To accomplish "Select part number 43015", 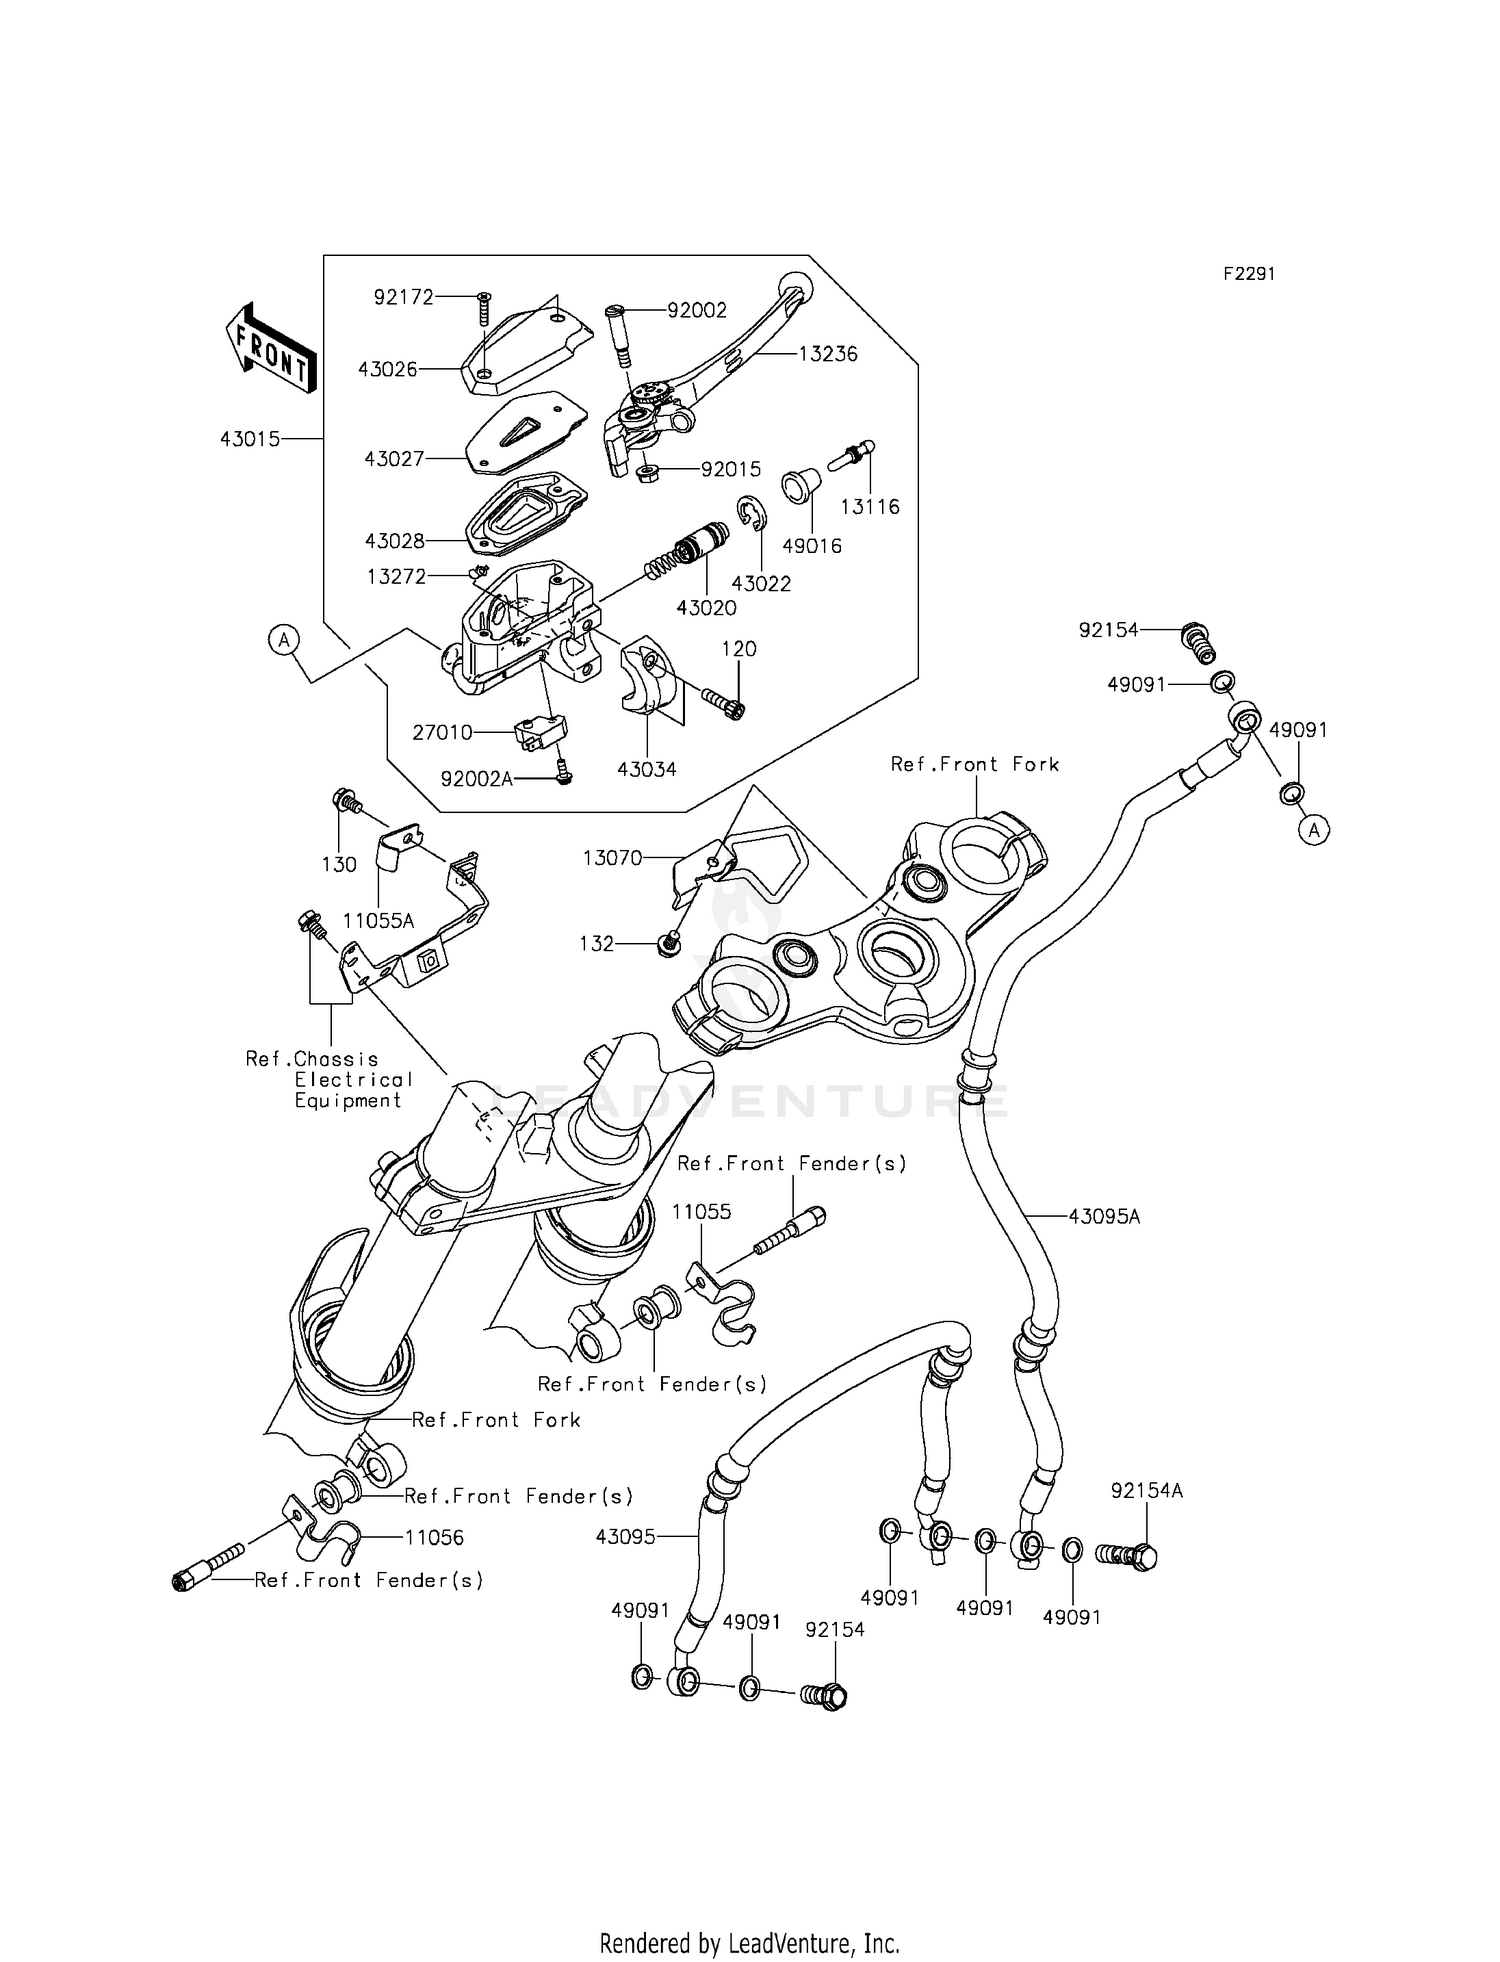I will pyautogui.click(x=249, y=439).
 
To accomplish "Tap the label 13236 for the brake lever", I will pyautogui.click(x=828, y=354).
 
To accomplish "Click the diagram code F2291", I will pyautogui.click(x=1248, y=274).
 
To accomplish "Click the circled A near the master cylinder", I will pyautogui.click(x=284, y=639).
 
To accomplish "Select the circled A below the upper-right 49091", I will pyautogui.click(x=1315, y=829).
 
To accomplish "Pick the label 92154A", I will pyautogui.click(x=1146, y=1491).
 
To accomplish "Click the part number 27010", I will pyautogui.click(x=442, y=733).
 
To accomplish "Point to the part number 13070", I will pyautogui.click(x=612, y=858).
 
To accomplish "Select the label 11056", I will pyautogui.click(x=434, y=1538).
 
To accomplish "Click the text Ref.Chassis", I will pyautogui.click(x=312, y=1059).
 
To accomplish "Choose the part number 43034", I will pyautogui.click(x=646, y=770).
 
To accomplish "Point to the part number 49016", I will pyautogui.click(x=811, y=546).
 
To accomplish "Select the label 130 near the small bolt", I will pyautogui.click(x=339, y=865).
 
